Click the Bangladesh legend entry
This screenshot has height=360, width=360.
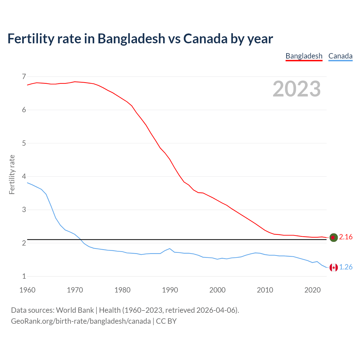[304, 56]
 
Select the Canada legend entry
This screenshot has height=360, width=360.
[340, 56]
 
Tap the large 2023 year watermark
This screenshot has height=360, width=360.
[297, 89]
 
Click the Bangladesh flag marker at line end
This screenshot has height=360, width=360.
[333, 237]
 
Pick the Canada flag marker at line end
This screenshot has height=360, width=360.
[333, 267]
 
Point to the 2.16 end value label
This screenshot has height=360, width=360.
[346, 237]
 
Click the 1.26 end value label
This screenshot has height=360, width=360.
[346, 267]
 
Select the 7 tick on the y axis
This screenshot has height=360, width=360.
[24, 76]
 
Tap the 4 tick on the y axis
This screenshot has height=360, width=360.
[24, 176]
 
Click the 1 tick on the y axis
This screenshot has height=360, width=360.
[24, 276]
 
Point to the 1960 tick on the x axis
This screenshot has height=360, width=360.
[27, 290]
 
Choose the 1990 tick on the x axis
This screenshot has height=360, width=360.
[170, 290]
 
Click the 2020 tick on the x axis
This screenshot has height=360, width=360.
[312, 290]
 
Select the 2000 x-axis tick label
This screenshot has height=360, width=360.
[217, 290]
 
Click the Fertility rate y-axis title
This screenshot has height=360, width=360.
[12, 174]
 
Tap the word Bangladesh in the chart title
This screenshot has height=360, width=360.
[131, 39]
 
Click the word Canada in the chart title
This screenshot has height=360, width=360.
[205, 39]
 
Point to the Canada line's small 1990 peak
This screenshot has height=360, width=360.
[170, 249]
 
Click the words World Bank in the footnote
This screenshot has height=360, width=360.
[75, 310]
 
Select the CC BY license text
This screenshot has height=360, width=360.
[166, 321]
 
